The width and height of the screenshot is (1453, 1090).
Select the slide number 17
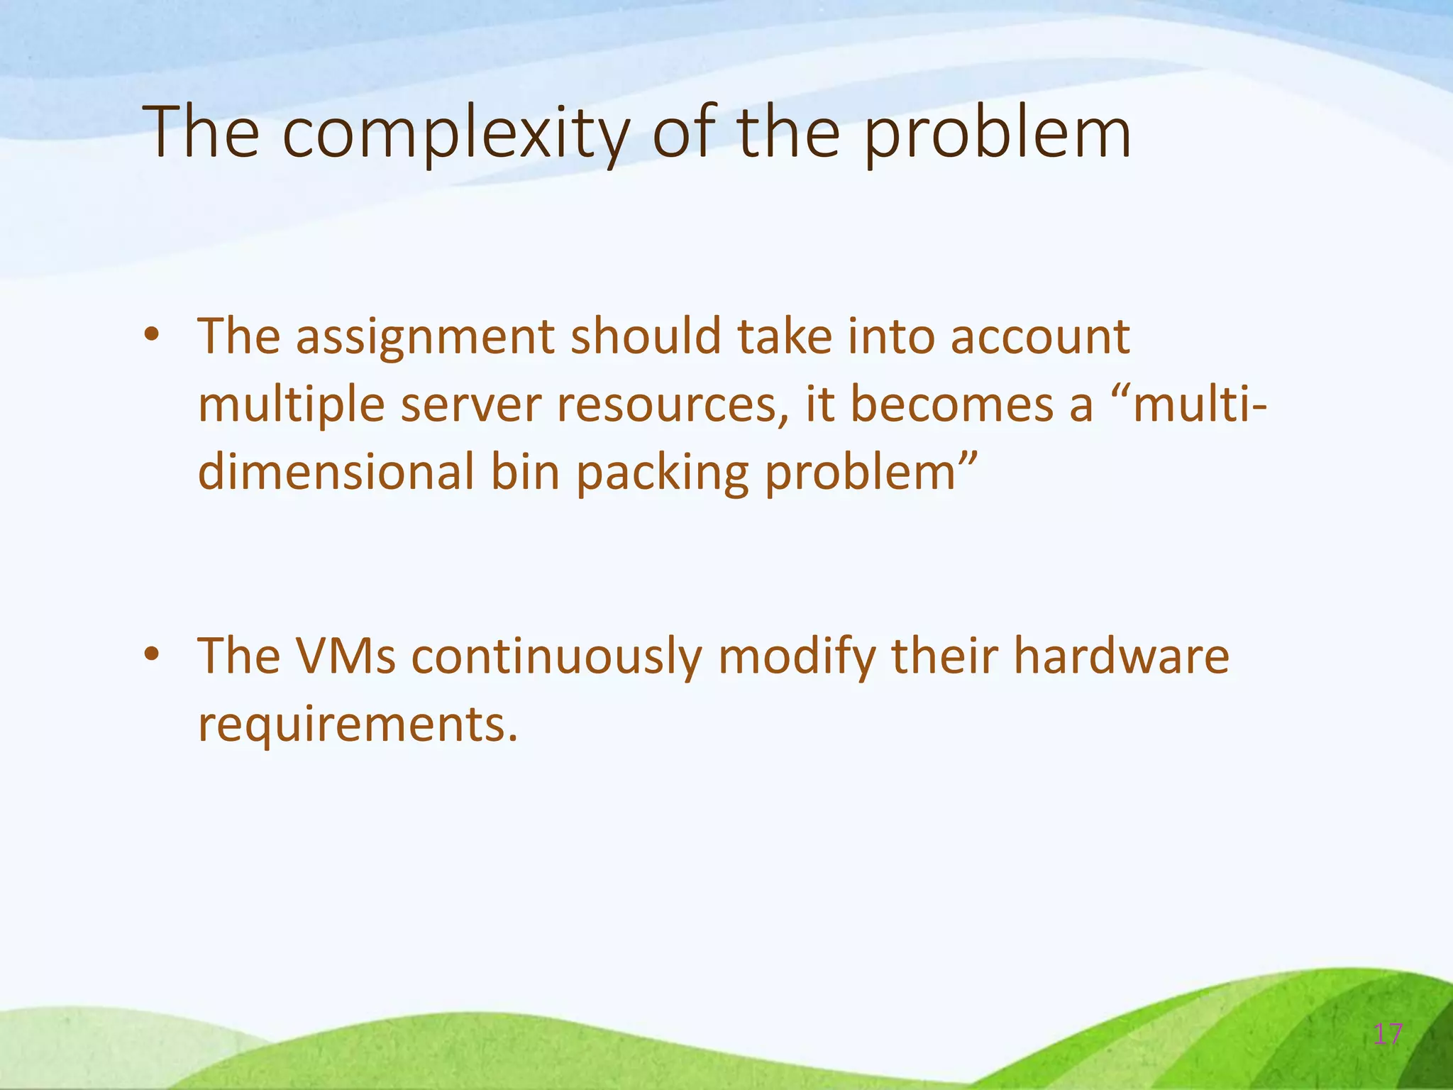pos(1388,1034)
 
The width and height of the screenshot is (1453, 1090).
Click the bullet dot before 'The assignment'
pos(151,335)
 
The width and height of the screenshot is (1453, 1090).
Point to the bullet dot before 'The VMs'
pos(151,654)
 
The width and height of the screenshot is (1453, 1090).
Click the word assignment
pos(424,336)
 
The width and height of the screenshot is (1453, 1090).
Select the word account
pos(1039,336)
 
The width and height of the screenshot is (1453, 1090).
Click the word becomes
pos(971,404)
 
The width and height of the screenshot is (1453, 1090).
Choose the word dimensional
pos(336,473)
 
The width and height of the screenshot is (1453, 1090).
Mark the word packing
pos(662,474)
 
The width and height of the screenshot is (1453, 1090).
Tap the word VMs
pos(346,656)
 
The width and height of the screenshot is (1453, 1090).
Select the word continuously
pos(556,657)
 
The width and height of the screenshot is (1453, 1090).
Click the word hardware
pos(1120,656)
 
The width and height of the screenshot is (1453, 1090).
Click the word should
pos(646,336)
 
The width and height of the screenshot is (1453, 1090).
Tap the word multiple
pos(291,404)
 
